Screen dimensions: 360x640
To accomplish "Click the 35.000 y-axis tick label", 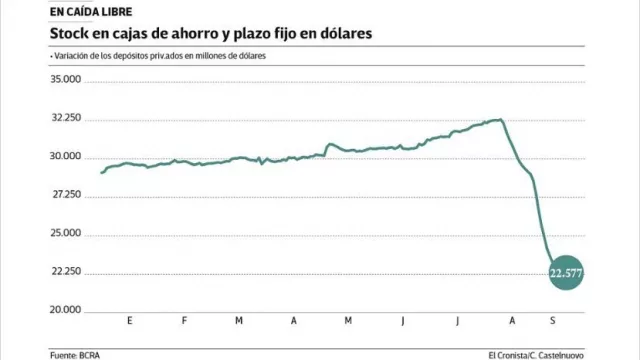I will click(x=66, y=80).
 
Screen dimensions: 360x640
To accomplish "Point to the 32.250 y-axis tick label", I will click(x=66, y=118).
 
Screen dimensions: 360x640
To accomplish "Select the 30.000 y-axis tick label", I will click(x=66, y=157).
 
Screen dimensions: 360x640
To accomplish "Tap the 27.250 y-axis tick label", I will click(x=66, y=195).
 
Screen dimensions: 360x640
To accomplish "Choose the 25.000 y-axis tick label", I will click(x=66, y=233).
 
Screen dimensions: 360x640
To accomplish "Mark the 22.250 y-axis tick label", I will click(x=66, y=271).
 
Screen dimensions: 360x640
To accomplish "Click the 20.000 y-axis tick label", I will click(x=66, y=309).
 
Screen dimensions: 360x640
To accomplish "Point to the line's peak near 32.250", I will click(x=499, y=120).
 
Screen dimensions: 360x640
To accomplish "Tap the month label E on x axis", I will click(x=131, y=321).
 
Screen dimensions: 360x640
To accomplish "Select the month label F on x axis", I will click(x=185, y=321).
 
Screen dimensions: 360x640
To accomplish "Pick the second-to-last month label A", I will click(x=511, y=321).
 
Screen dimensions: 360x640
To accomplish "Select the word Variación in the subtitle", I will click(x=72, y=56).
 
